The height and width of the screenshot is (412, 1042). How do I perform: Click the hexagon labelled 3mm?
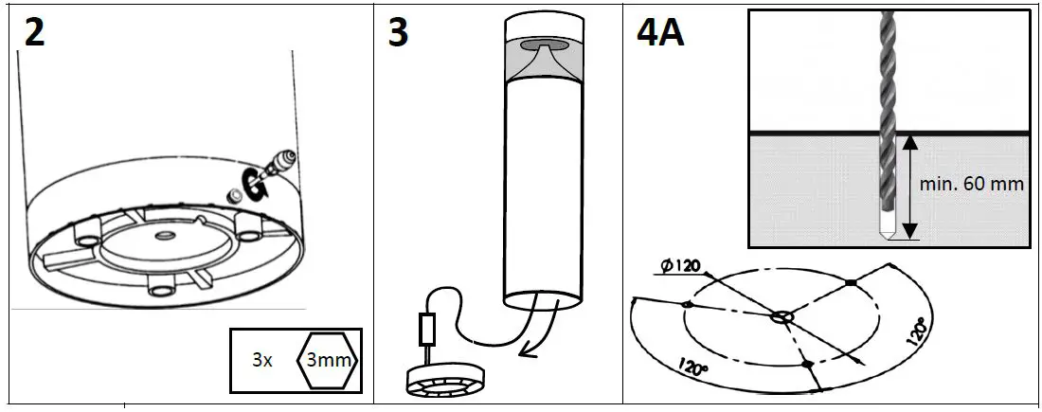tap(328, 360)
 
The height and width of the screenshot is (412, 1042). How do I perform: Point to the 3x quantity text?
tap(262, 360)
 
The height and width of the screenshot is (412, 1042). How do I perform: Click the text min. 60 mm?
tap(972, 184)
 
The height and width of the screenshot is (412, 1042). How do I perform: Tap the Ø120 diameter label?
tap(679, 265)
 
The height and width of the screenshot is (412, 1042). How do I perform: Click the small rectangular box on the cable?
tap(426, 331)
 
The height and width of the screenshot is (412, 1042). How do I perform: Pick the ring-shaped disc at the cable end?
tap(444, 378)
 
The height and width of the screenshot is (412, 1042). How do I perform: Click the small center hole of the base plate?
tap(164, 235)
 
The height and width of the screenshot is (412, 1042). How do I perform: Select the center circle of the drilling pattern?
tap(782, 317)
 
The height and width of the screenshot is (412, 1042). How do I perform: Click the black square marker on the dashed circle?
tap(851, 283)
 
